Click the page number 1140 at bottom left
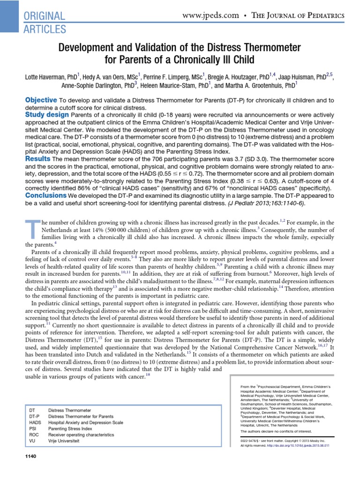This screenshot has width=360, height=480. click(x=30, y=457)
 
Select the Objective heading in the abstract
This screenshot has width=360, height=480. click(x=41, y=100)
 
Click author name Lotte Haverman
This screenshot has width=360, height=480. click(x=45, y=76)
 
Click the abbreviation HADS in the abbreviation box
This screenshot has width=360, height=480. click(x=36, y=422)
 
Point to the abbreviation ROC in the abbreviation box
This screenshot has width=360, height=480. click(x=34, y=435)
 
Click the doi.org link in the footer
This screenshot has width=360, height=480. click(x=302, y=445)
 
